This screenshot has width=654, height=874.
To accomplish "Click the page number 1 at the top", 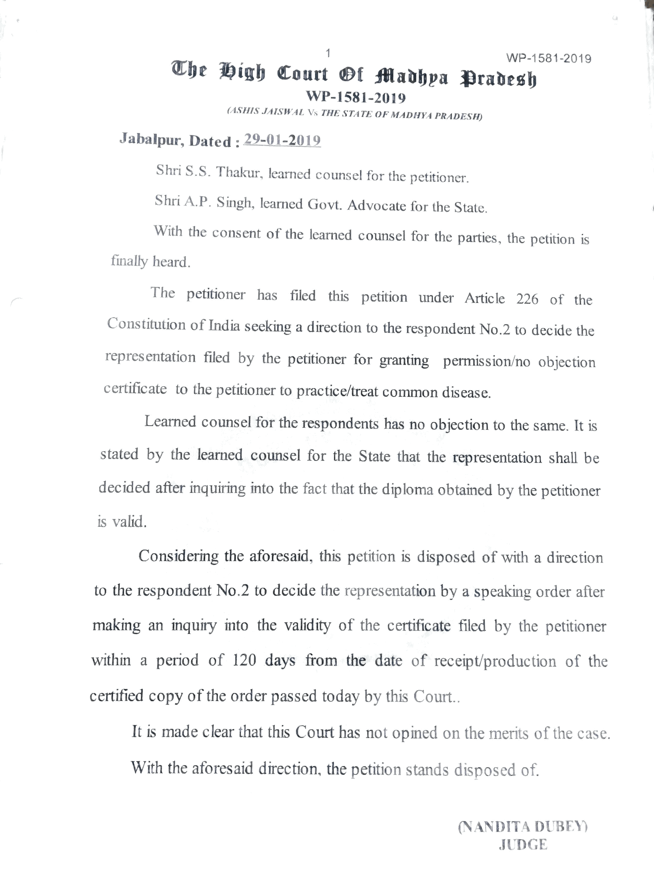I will (x=328, y=53).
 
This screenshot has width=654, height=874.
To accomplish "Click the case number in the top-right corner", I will (x=548, y=59).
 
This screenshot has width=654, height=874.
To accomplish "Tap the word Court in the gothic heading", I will (x=302, y=74).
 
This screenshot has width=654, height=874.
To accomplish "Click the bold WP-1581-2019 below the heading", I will (x=356, y=97).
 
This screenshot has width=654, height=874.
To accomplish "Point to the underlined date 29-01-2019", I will (x=282, y=140).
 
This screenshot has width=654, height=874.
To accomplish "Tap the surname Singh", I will (x=237, y=202).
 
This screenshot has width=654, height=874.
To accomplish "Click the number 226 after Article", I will (x=527, y=299).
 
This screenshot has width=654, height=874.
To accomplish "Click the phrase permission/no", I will (x=486, y=361).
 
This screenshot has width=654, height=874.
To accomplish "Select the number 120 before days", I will (x=244, y=660).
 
